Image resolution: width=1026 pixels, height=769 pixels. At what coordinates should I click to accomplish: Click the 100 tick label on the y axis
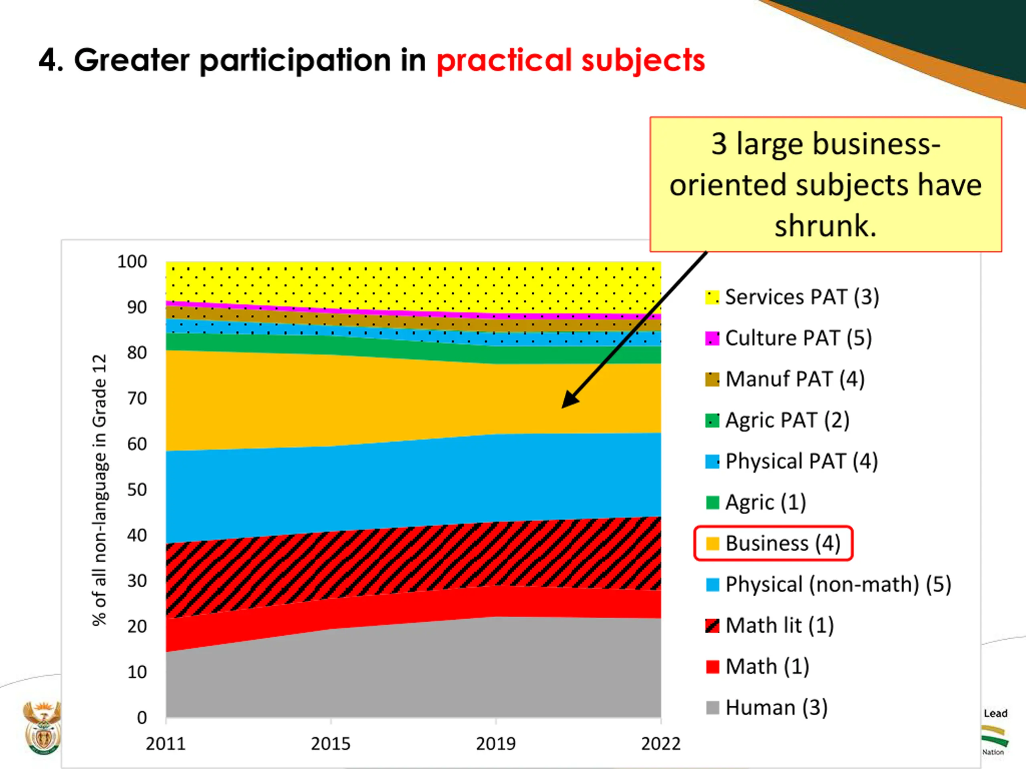[132, 262]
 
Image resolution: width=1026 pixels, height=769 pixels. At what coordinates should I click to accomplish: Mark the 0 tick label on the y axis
[142, 718]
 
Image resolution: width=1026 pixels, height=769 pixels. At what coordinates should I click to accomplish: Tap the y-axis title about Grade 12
[100, 490]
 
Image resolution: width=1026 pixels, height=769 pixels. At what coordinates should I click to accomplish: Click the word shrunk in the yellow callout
[826, 226]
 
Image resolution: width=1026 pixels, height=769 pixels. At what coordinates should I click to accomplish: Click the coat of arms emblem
[42, 728]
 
